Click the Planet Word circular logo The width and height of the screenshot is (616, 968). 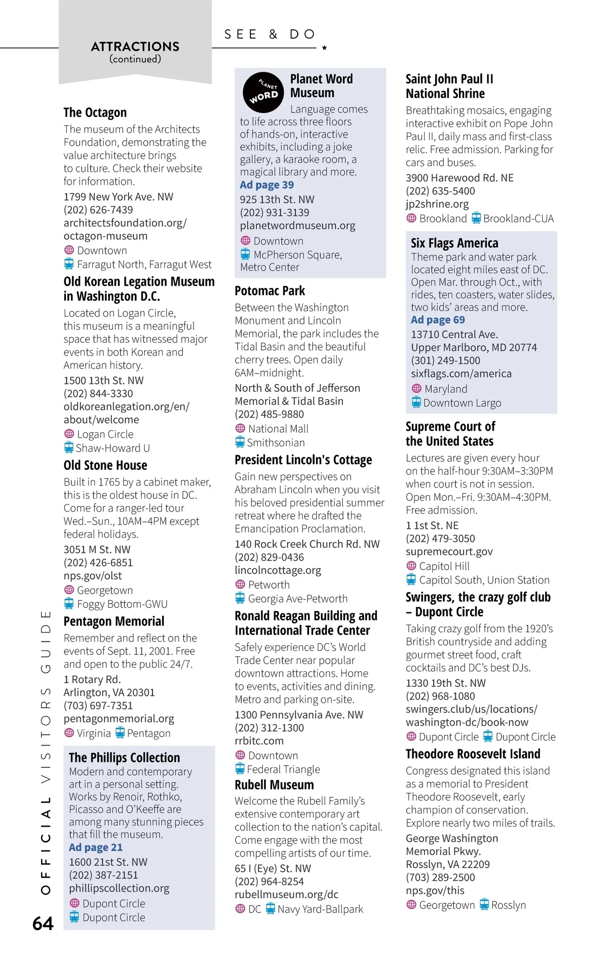pyautogui.click(x=263, y=92)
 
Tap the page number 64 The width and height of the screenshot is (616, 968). pyautogui.click(x=43, y=923)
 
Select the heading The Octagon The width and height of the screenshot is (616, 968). pyautogui.click(x=95, y=112)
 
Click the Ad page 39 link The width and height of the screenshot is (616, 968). pyautogui.click(x=267, y=185)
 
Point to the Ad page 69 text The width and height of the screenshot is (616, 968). pyautogui.click(x=438, y=320)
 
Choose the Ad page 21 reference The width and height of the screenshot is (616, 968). pyautogui.click(x=96, y=847)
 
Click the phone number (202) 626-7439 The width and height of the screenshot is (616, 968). pyautogui.click(x=98, y=210)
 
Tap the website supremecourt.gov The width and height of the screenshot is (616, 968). pyautogui.click(x=449, y=551)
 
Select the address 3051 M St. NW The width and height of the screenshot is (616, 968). pyautogui.click(x=97, y=549)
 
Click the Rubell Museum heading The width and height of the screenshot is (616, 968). pyautogui.click(x=274, y=785)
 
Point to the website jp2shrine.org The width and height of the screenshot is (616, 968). pyautogui.click(x=437, y=204)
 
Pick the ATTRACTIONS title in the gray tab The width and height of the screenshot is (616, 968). pyautogui.click(x=135, y=47)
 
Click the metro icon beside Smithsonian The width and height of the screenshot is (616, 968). pyautogui.click(x=240, y=442)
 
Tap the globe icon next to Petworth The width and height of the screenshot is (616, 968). pyautogui.click(x=240, y=584)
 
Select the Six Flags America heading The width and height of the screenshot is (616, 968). pyautogui.click(x=454, y=243)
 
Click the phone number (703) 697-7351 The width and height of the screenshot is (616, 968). pyautogui.click(x=98, y=706)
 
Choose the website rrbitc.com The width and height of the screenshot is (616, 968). pyautogui.click(x=259, y=741)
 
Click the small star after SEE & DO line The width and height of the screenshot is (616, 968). pyautogui.click(x=324, y=48)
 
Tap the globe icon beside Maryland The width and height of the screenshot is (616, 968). pyautogui.click(x=416, y=389)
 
